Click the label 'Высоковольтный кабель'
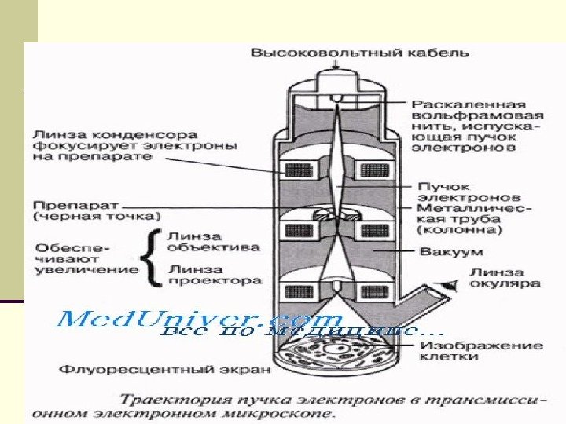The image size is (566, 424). (360, 53)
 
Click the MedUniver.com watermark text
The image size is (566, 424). (200, 320)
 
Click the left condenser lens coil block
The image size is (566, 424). (300, 170)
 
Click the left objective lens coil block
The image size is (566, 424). (300, 230)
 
